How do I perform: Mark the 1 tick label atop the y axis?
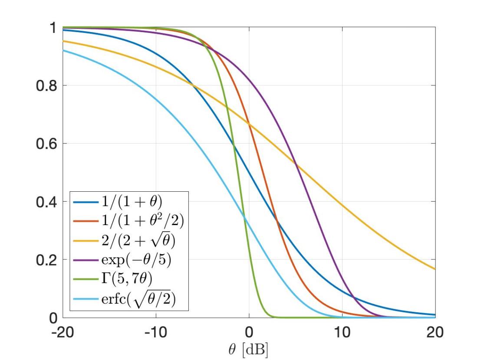point(53,28)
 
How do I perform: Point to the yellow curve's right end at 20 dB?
point(435,269)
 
